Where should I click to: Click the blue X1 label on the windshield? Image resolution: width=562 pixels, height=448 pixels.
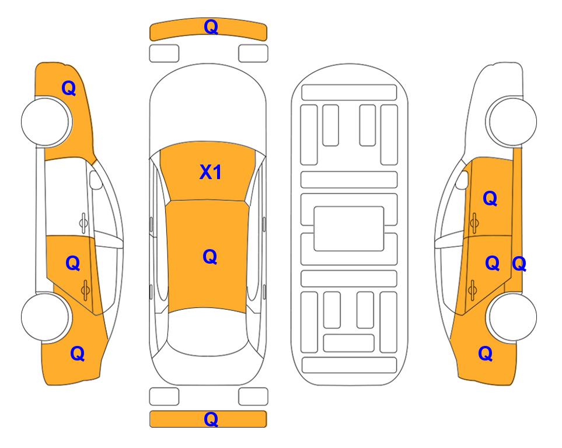tap(211, 172)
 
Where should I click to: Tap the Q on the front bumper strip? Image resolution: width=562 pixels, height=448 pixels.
tap(211, 27)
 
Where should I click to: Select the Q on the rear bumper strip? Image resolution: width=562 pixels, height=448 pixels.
tap(211, 419)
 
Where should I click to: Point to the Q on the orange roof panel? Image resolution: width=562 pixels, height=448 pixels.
tap(210, 257)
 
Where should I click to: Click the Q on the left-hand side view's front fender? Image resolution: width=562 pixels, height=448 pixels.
tap(69, 88)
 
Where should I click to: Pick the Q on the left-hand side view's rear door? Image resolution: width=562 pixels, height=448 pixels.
tap(73, 264)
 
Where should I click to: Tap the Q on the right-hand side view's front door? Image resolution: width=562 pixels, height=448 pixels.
tap(490, 198)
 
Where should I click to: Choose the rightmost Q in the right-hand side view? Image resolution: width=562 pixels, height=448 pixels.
tap(519, 264)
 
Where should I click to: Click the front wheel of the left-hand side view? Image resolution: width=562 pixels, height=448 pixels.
tap(46, 121)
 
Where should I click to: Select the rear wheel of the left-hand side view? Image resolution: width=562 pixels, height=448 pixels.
tap(46, 317)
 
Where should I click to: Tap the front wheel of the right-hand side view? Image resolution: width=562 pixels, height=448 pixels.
tap(512, 121)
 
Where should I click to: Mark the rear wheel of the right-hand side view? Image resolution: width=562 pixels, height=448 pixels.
tap(512, 317)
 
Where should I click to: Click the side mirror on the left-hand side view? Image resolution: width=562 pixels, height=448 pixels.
tap(95, 180)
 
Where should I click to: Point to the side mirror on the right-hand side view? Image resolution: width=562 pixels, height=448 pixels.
tap(462, 180)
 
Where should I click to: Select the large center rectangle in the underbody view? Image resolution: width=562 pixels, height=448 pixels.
tap(349, 229)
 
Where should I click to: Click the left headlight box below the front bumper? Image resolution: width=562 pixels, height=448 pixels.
tap(164, 54)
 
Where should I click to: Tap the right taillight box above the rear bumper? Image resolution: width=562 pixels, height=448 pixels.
tap(253, 397)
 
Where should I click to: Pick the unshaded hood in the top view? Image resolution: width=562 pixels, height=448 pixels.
tap(208, 104)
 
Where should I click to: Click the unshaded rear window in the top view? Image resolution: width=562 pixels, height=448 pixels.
tap(207, 331)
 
